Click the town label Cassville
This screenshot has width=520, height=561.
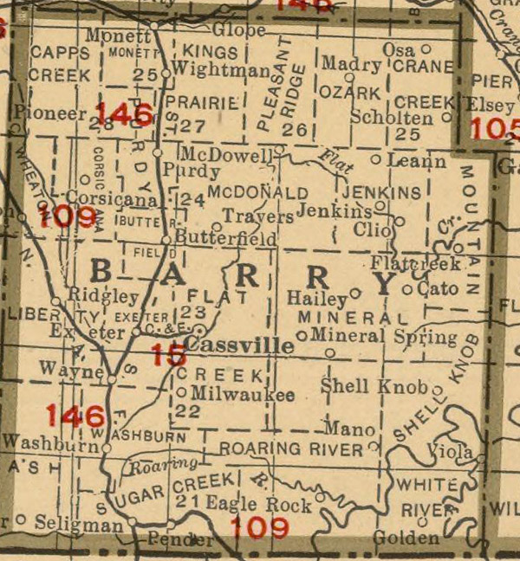[240, 345]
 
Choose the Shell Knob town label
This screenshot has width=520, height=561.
[374, 386]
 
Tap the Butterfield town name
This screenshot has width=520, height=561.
[225, 238]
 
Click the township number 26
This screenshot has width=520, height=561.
[296, 130]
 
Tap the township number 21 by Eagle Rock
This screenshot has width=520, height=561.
[183, 501]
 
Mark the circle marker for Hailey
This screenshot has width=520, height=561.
[354, 293]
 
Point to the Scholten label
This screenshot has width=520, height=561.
[392, 117]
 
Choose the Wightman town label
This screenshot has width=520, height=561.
[221, 70]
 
